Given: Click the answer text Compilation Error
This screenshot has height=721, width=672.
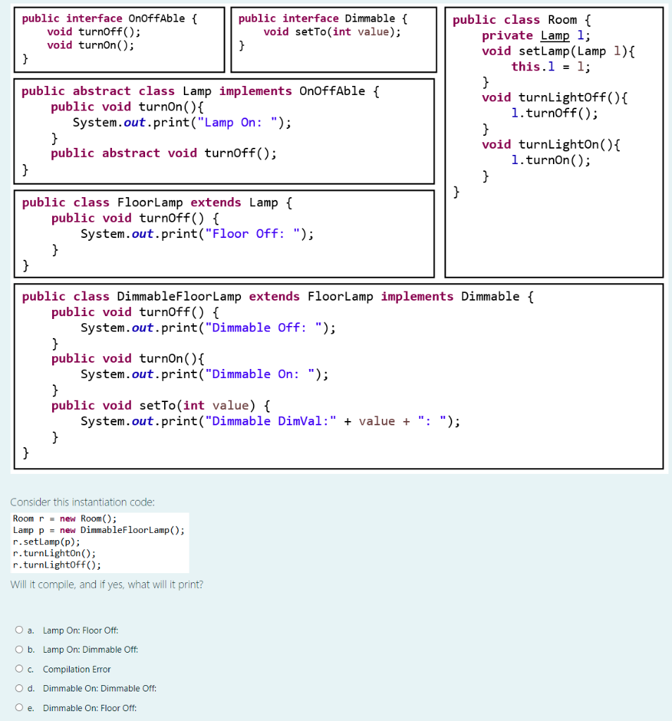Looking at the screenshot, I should tap(77, 669).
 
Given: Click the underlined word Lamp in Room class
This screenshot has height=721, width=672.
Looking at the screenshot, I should tap(555, 35).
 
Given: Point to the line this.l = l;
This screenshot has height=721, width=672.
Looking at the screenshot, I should tap(551, 66).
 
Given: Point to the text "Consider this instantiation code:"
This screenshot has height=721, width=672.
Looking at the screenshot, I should tap(82, 502).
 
